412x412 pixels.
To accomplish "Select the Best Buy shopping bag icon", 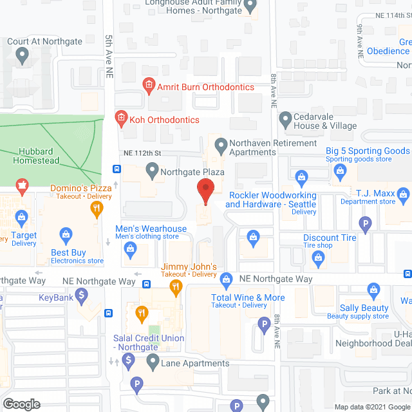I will tap(65, 234).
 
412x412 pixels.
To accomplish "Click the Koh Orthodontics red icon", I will tap(120, 117).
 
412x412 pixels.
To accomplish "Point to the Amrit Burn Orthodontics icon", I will tap(147, 84).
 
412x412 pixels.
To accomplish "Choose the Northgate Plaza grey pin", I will tap(153, 170).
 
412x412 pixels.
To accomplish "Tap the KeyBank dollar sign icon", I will tap(81, 296).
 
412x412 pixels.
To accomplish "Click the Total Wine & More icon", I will tap(226, 279).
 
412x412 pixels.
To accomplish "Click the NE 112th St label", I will tap(142, 153).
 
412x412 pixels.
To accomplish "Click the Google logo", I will tap(21, 404).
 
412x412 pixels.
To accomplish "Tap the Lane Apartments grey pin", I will tap(153, 362).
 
